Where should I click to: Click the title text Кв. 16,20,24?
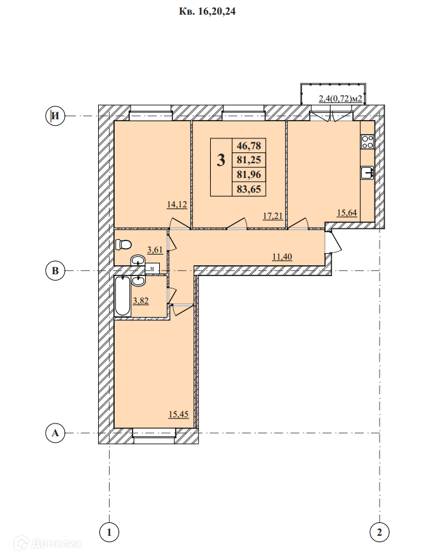(x=207, y=11)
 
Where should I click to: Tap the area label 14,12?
(x=177, y=204)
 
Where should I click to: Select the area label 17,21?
(x=273, y=216)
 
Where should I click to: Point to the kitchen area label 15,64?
(x=347, y=213)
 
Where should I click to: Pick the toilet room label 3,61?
(x=155, y=249)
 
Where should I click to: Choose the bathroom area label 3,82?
(x=141, y=300)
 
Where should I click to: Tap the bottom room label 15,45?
(x=179, y=415)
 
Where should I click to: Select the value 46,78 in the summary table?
(x=249, y=145)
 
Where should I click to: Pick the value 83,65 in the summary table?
(x=249, y=189)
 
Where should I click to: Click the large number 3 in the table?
(x=221, y=160)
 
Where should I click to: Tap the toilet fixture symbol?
(x=124, y=245)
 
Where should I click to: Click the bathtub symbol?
(x=123, y=296)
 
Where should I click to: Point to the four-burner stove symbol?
(x=367, y=142)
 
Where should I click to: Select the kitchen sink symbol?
(x=367, y=173)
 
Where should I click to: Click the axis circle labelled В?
(x=55, y=270)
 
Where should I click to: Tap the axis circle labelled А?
(x=55, y=433)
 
